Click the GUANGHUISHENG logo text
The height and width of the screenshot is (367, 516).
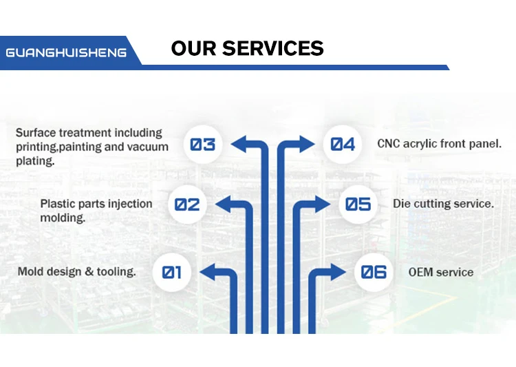[66, 52]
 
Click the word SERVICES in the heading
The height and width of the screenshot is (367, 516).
[273, 48]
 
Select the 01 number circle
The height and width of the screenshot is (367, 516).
[172, 272]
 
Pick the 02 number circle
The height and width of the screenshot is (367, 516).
[187, 205]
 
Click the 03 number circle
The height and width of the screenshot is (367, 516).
[203, 145]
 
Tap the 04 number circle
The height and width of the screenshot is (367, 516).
[343, 145]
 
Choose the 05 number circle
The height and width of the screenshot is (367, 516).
[358, 205]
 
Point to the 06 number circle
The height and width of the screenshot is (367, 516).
[374, 272]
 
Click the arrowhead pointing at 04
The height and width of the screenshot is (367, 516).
[307, 144]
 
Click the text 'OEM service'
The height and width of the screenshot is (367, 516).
[441, 272]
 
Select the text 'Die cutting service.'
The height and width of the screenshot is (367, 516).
[443, 204]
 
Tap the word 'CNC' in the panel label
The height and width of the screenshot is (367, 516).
[389, 144]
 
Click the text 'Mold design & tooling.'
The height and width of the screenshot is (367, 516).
[77, 271]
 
